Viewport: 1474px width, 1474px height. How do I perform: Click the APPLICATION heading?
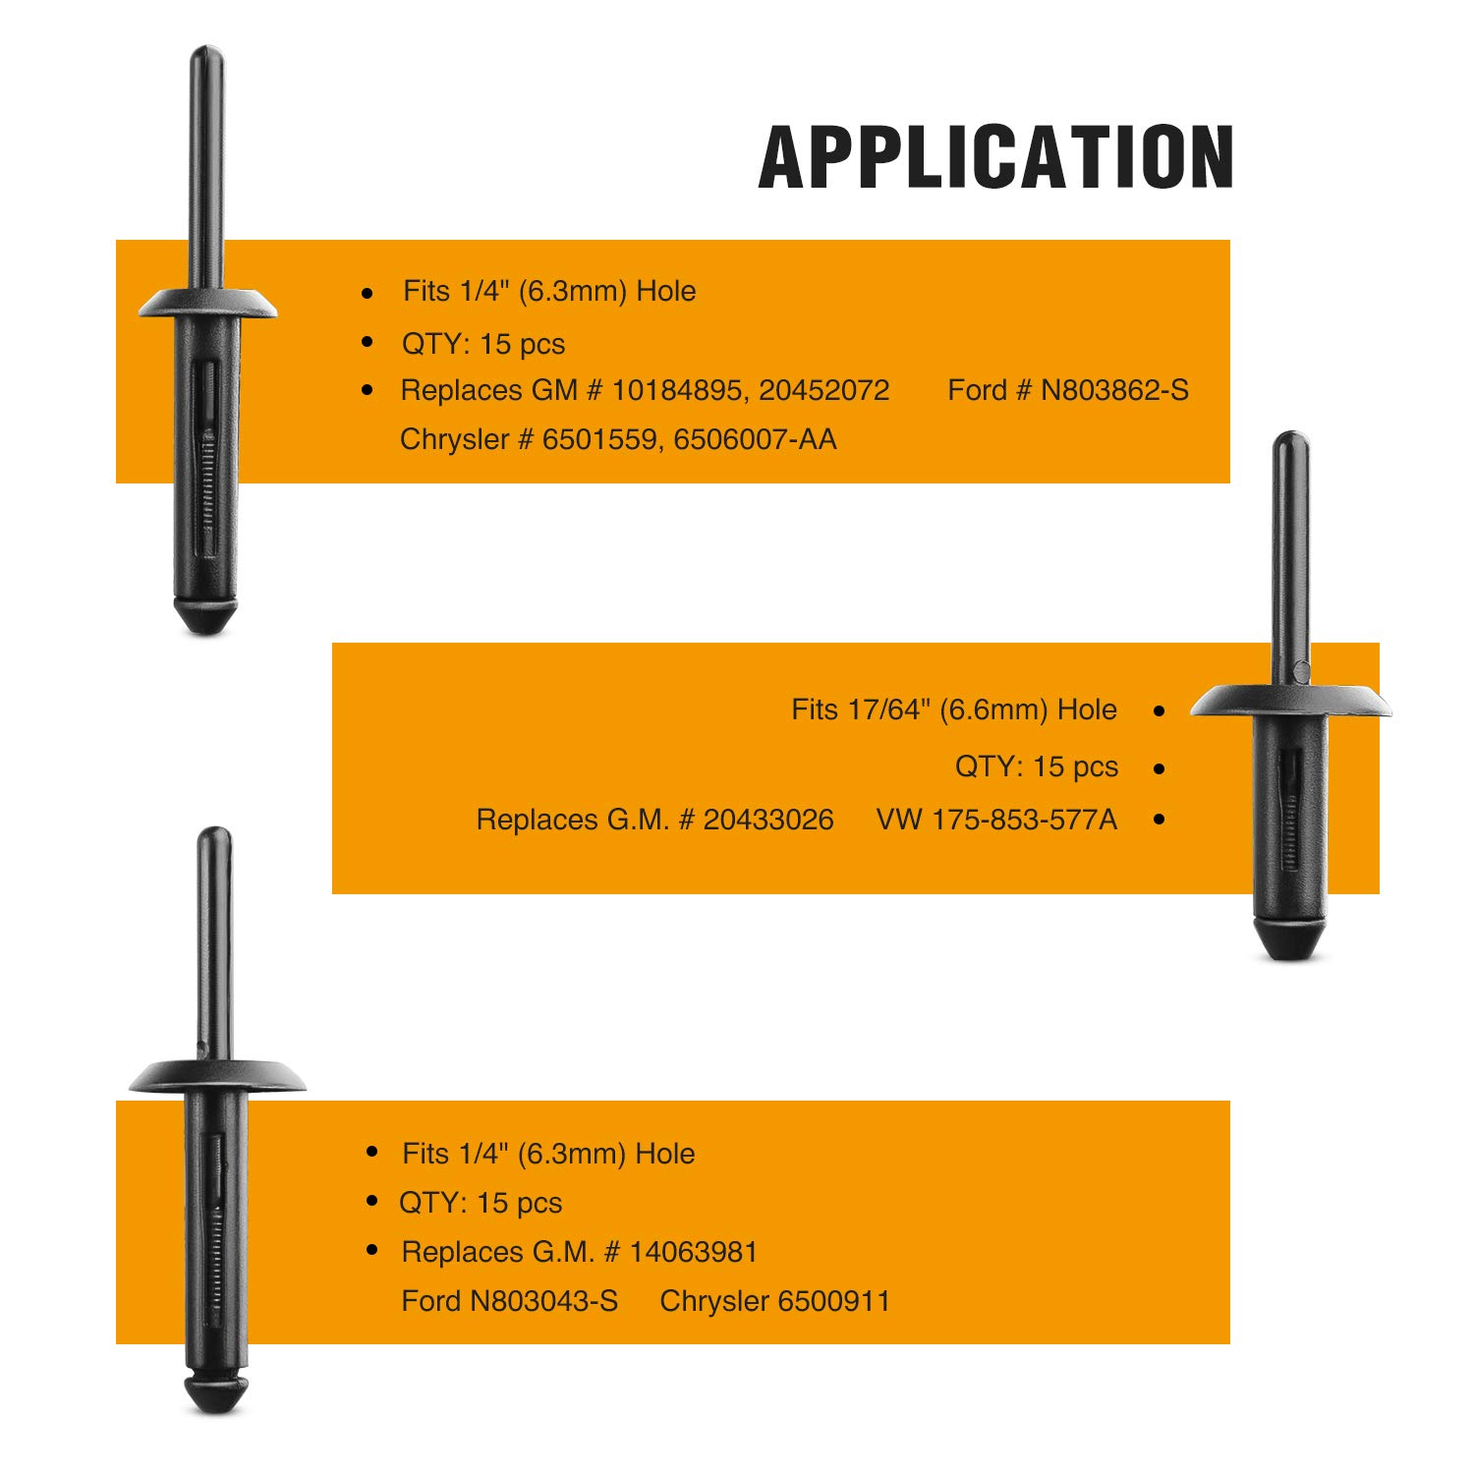click(x=996, y=157)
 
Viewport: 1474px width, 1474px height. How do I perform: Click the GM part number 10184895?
click(x=676, y=391)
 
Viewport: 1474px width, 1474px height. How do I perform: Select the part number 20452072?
click(x=823, y=391)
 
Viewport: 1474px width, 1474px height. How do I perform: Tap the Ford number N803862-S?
click(x=1114, y=391)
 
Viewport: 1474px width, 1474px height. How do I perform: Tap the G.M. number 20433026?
click(x=768, y=820)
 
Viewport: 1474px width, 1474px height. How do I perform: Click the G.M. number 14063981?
click(x=694, y=1252)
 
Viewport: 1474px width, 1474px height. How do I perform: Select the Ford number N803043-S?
click(x=543, y=1301)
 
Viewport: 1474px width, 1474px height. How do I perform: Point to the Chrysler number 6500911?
click(x=832, y=1301)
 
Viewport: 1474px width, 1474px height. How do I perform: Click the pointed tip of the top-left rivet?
click(x=206, y=631)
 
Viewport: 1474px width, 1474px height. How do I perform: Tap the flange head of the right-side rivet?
click(x=1291, y=701)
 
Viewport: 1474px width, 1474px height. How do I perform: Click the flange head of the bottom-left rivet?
click(x=217, y=1076)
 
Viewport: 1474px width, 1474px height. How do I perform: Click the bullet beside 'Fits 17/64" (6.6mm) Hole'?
click(x=1160, y=710)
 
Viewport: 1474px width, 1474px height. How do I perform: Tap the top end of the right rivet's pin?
click(x=1290, y=435)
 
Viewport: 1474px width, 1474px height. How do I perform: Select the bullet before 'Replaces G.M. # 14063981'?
click(x=371, y=1250)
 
